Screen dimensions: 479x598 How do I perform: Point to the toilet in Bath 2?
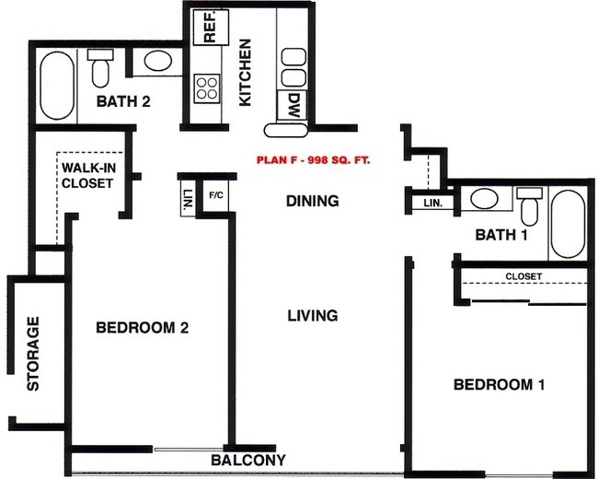(100, 66)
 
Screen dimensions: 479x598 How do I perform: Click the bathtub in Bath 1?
(567, 224)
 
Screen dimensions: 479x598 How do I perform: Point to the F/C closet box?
(216, 196)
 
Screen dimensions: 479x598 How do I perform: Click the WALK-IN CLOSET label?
(87, 175)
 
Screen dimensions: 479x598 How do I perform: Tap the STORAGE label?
(34, 354)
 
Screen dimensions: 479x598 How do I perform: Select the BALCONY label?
(247, 460)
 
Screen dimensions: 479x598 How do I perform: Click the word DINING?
(312, 201)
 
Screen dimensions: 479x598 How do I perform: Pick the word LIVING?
(312, 315)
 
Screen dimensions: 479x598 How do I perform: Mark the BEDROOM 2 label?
(143, 327)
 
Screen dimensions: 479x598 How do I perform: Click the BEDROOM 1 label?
(499, 384)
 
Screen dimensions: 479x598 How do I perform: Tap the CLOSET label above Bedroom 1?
(523, 276)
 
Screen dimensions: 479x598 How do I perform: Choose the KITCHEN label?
(245, 72)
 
